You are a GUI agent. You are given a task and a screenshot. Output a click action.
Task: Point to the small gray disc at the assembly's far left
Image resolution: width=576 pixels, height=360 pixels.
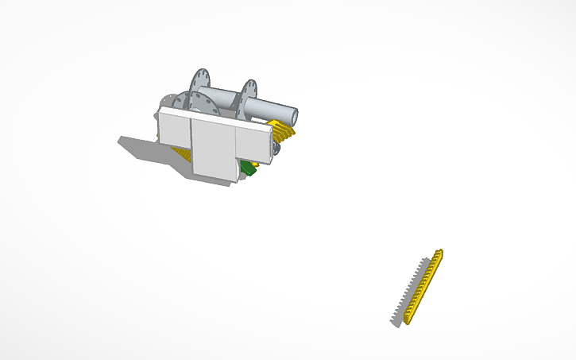[x=166, y=101]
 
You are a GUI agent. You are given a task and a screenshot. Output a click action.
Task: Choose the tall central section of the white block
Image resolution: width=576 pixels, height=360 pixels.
[x=215, y=150]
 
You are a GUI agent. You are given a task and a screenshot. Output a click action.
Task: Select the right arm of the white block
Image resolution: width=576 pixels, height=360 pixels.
[x=254, y=141]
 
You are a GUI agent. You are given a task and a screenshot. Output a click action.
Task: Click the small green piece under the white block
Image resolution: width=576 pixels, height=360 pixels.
[x=249, y=168]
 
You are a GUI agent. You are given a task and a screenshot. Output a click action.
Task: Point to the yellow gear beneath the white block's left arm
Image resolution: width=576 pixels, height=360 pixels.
[x=184, y=153]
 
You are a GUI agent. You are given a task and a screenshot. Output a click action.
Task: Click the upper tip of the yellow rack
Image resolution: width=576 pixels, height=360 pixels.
[x=439, y=254]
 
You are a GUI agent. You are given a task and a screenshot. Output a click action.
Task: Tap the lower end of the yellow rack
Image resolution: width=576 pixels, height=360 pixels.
[x=408, y=320]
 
